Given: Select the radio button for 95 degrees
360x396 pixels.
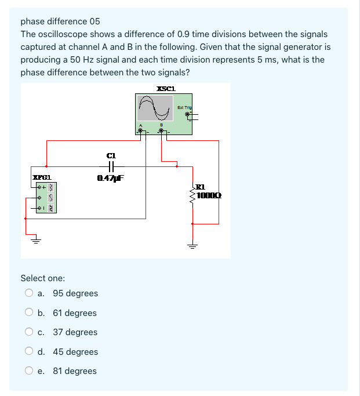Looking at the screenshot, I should tap(29, 293).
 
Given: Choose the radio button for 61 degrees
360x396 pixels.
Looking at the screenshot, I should tap(29, 313).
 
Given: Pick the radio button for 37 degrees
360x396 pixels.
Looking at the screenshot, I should tap(29, 332).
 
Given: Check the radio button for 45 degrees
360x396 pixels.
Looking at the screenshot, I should tap(29, 352).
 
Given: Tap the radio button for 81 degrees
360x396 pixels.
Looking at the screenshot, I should tap(29, 371).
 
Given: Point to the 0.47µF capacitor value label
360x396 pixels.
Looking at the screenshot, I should tap(111, 178).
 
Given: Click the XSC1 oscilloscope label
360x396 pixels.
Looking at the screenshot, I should tap(166, 89).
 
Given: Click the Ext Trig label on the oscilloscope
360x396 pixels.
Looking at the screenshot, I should tap(184, 107).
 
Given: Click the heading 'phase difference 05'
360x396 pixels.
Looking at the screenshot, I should tap(60, 21).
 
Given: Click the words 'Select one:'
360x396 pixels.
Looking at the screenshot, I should tap(43, 278).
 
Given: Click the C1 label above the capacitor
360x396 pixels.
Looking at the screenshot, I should tap(111, 155).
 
